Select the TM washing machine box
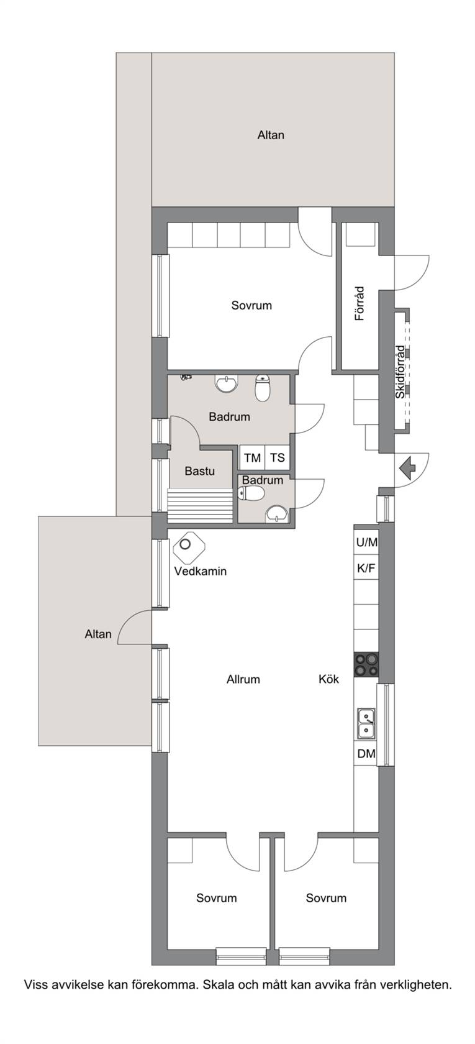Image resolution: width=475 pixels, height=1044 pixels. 252,457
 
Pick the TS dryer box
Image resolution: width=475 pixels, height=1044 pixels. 277,457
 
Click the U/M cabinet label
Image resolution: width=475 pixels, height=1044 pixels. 366,542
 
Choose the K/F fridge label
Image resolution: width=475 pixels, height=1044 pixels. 366,568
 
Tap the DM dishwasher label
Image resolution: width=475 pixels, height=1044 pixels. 366,754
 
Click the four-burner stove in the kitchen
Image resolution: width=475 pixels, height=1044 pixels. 366,665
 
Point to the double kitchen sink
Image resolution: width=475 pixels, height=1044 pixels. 366,723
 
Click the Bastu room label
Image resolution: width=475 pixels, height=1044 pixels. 200,471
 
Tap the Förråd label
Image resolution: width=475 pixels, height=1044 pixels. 360,303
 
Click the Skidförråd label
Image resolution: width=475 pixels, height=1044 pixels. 400,372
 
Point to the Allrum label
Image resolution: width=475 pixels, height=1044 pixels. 243,679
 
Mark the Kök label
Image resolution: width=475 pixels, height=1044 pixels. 329,679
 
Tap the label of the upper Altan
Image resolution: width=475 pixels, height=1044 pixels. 271,135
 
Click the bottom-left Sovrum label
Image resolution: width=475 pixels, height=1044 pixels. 217,898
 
